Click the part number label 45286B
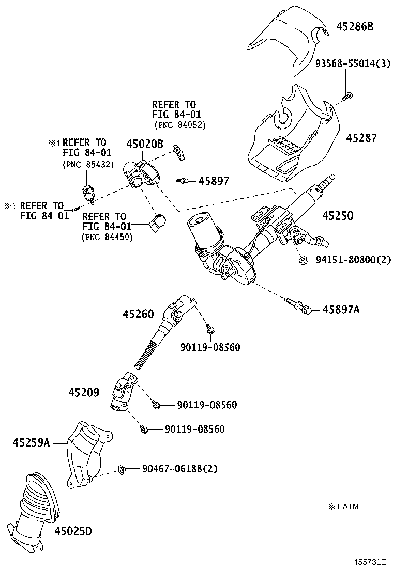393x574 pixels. coord(355,27)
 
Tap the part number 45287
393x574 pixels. coord(361,138)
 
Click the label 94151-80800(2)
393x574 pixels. coord(353,260)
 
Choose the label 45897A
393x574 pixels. coord(341,309)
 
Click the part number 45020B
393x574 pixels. coord(145,145)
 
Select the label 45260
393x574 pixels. coord(138,313)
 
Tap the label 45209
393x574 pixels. coord(83,392)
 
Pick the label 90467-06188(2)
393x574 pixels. coord(180,469)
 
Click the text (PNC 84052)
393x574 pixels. coord(179,125)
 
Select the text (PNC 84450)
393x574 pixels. coord(107,236)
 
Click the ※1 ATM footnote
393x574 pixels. coord(343,506)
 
